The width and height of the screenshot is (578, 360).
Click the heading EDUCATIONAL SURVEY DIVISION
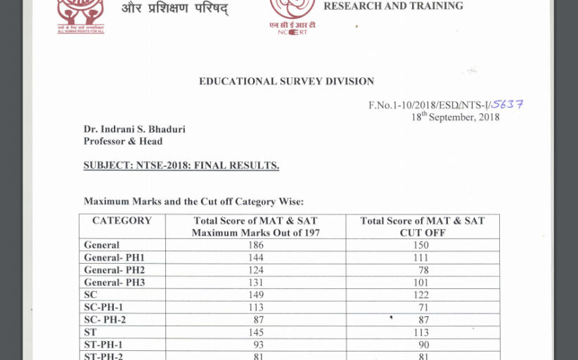click(286, 82)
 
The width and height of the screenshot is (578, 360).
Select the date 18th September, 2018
click(455, 117)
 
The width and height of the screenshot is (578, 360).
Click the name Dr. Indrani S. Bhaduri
click(134, 129)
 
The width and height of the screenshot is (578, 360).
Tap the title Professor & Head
click(123, 141)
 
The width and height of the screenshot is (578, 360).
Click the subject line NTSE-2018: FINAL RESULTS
click(181, 166)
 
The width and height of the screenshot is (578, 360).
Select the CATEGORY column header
click(122, 221)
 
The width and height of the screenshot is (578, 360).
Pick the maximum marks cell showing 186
click(255, 245)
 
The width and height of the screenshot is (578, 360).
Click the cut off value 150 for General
click(422, 245)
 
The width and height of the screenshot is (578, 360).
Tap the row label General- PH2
click(114, 270)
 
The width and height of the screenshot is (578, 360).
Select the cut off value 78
click(422, 270)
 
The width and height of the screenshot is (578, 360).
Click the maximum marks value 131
click(255, 283)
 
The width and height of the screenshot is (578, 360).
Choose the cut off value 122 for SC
click(422, 295)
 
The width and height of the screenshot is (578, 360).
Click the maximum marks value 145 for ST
click(255, 332)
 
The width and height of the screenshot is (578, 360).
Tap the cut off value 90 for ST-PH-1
click(422, 345)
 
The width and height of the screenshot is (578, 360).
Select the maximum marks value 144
click(255, 258)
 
